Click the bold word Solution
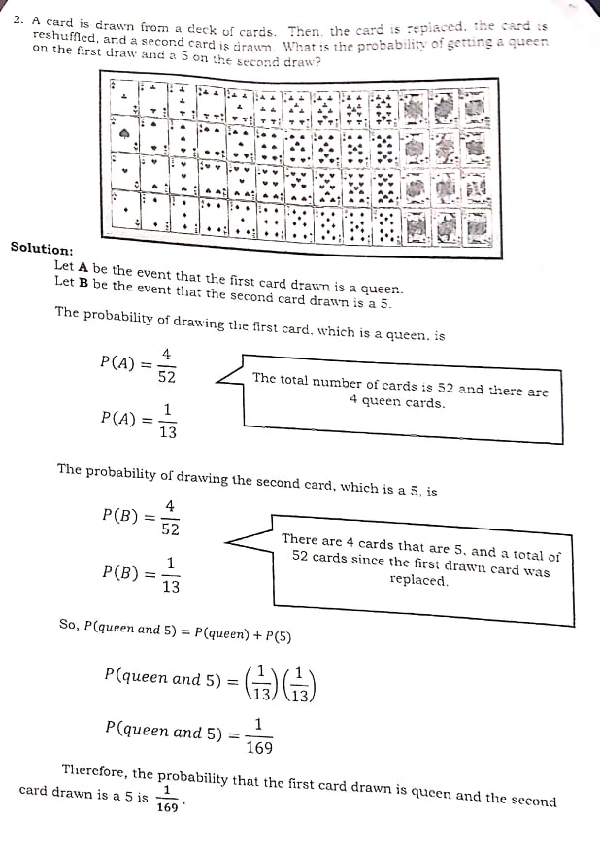point(42,248)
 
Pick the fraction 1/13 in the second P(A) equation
point(168,421)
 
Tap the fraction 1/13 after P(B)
point(171,574)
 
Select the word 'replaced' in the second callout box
point(418,581)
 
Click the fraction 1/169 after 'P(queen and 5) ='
point(258,735)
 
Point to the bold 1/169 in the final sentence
point(169,799)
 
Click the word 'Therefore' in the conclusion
point(94,770)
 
